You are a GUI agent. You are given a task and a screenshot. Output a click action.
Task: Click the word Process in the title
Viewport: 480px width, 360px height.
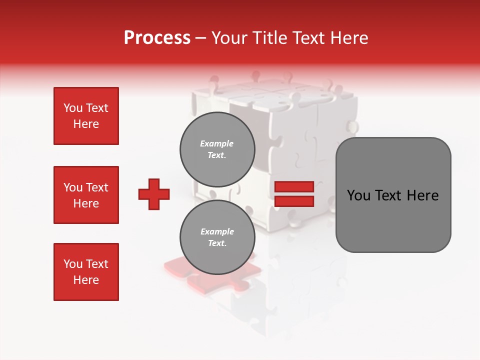(157, 38)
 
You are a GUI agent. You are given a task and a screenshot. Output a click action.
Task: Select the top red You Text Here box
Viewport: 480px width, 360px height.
(86, 116)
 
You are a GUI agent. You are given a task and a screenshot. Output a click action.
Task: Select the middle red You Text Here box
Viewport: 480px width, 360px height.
(86, 195)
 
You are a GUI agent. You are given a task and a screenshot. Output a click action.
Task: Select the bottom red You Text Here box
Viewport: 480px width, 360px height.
(86, 272)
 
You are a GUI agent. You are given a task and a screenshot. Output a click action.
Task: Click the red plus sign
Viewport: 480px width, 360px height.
(154, 194)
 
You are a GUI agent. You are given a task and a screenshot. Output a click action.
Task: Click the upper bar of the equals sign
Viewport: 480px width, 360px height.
(294, 186)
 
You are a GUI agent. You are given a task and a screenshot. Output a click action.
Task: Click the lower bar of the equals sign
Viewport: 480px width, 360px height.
(294, 201)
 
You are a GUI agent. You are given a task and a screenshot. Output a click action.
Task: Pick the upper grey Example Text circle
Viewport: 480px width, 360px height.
(217, 149)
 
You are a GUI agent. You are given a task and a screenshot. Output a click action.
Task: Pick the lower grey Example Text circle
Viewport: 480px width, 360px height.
(217, 237)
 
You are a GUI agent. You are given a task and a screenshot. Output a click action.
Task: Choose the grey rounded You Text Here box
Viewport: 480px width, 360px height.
(393, 195)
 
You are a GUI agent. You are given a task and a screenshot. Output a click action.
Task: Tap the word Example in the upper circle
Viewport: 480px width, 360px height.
(216, 143)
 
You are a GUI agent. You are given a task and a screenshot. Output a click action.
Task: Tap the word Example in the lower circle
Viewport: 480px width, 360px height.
(217, 231)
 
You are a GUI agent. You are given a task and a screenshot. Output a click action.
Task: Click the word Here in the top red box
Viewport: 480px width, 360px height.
(86, 124)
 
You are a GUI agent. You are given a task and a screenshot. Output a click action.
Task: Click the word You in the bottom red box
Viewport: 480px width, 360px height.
(73, 264)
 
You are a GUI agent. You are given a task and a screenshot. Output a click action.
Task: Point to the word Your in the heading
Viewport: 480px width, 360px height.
(230, 38)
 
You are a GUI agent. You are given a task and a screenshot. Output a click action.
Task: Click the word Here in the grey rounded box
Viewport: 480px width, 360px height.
(422, 195)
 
